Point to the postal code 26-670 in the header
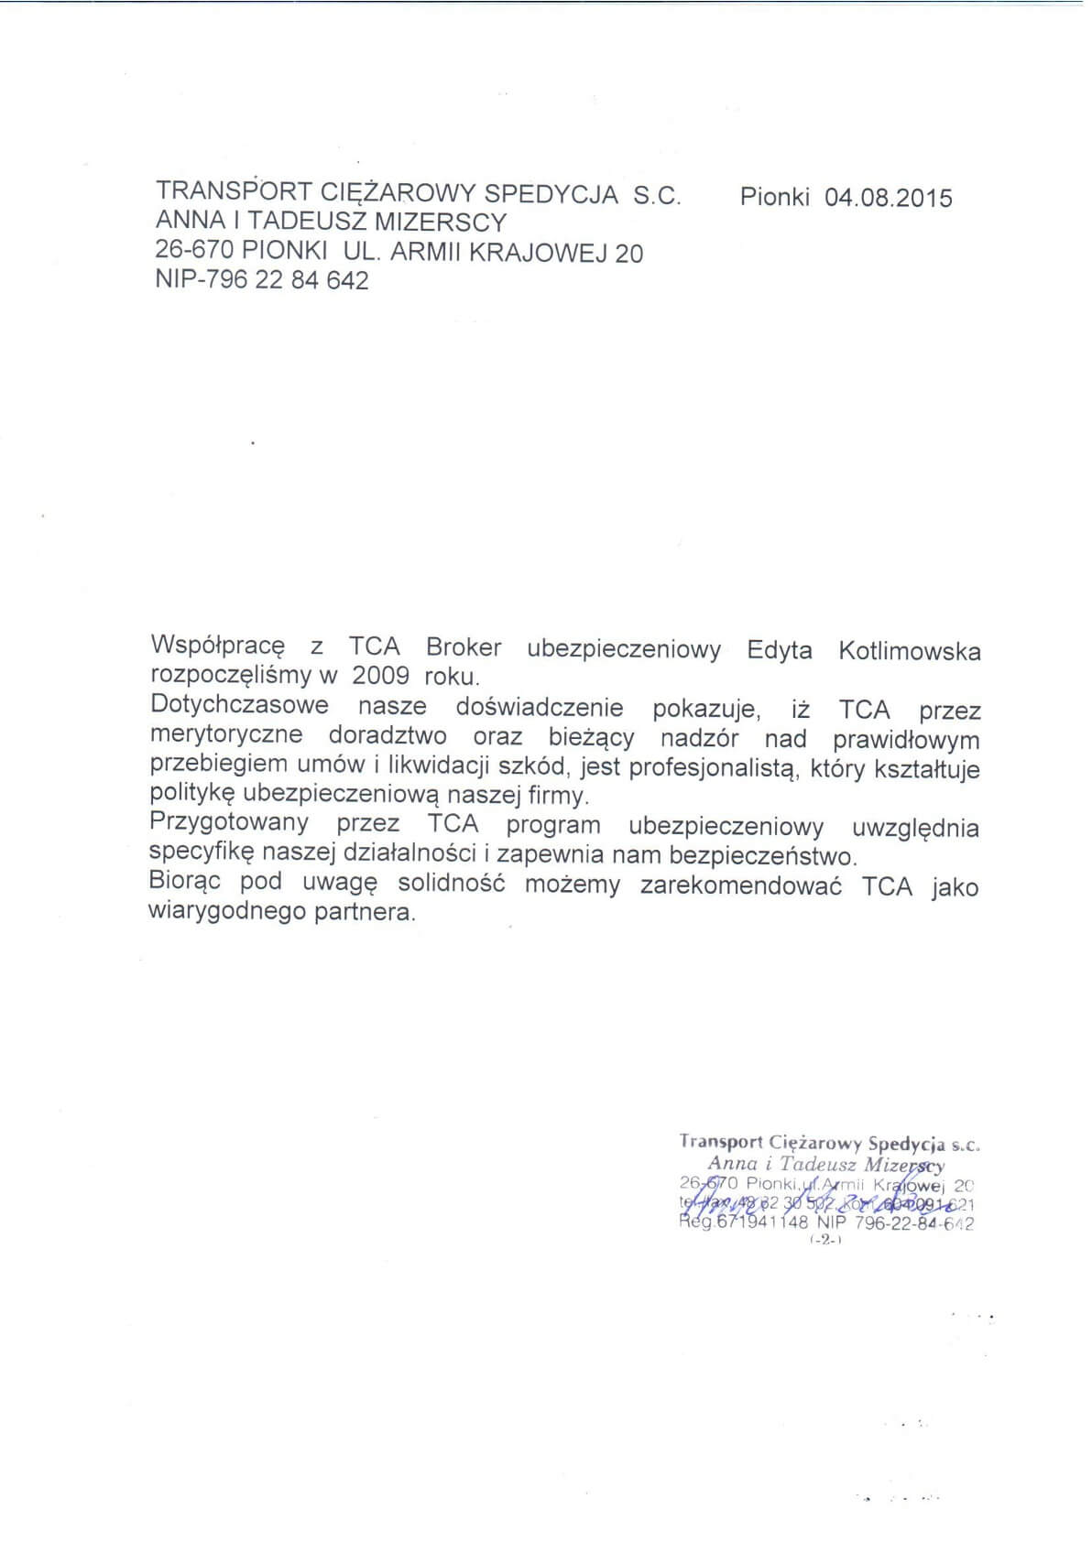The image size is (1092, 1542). (195, 251)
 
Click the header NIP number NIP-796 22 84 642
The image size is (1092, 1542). (262, 280)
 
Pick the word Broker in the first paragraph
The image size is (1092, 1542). (464, 647)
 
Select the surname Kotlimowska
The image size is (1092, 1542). (909, 651)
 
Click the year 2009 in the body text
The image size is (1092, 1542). (380, 677)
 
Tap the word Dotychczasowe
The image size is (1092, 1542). (239, 706)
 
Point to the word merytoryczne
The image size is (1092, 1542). (226, 735)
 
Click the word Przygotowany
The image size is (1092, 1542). (229, 822)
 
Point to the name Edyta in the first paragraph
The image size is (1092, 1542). (779, 650)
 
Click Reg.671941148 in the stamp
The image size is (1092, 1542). (744, 1222)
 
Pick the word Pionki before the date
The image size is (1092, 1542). (774, 198)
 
